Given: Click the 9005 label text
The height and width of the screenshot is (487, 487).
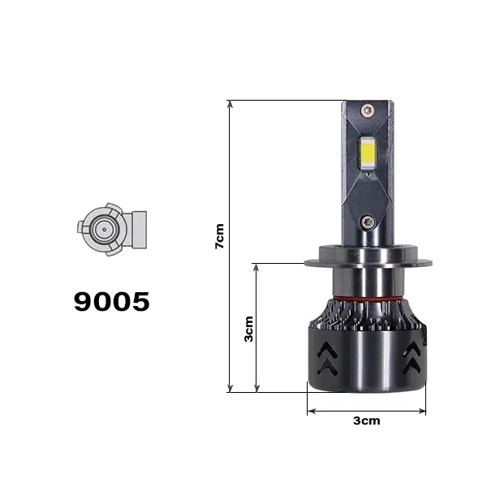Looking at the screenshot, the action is (112, 301).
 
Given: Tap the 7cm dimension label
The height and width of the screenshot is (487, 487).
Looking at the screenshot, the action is (220, 236).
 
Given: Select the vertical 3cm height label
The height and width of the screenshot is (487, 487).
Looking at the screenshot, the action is (248, 330).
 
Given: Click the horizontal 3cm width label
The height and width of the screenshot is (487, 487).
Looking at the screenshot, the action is (367, 420).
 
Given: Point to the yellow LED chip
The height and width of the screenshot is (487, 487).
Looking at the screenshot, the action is (368, 153).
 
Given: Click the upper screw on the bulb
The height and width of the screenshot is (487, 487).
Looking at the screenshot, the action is (368, 110).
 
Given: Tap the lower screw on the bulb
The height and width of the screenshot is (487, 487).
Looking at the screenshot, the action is (368, 222).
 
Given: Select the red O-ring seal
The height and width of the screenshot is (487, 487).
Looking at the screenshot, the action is (368, 299).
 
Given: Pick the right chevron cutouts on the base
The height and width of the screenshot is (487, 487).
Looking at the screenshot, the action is (412, 357).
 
